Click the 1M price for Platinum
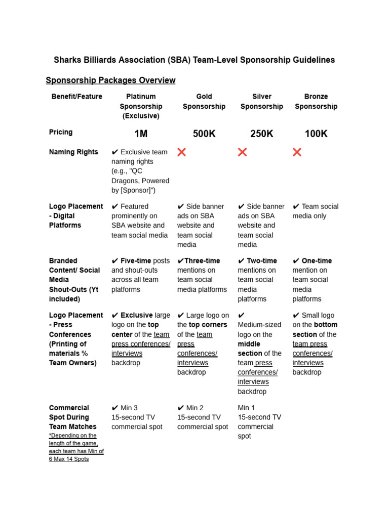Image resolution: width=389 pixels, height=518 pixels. point(141,134)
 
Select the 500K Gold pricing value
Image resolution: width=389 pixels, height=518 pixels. point(204,134)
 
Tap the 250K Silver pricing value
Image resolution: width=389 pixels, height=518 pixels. point(262,134)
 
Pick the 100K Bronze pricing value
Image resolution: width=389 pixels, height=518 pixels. point(316,134)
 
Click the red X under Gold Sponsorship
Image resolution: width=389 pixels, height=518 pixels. point(181,152)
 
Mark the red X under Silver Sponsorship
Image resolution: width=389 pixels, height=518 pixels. point(243,152)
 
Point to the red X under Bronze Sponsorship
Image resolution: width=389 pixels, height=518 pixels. point(297,152)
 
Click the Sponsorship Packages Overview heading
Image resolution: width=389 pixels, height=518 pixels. point(110,80)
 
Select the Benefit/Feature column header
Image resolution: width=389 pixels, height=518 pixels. point(76,97)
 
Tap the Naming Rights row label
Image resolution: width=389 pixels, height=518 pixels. point(73,152)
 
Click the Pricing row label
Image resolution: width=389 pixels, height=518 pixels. point(61,132)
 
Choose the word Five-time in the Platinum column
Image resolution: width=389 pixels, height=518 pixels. point(136,261)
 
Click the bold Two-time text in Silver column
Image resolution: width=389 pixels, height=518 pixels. point(261,261)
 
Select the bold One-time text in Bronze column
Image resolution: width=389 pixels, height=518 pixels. point(317,261)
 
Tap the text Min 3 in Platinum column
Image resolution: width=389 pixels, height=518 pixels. point(129,408)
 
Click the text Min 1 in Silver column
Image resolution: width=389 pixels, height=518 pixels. point(246,408)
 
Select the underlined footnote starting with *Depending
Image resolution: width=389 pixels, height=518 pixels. point(76,447)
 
